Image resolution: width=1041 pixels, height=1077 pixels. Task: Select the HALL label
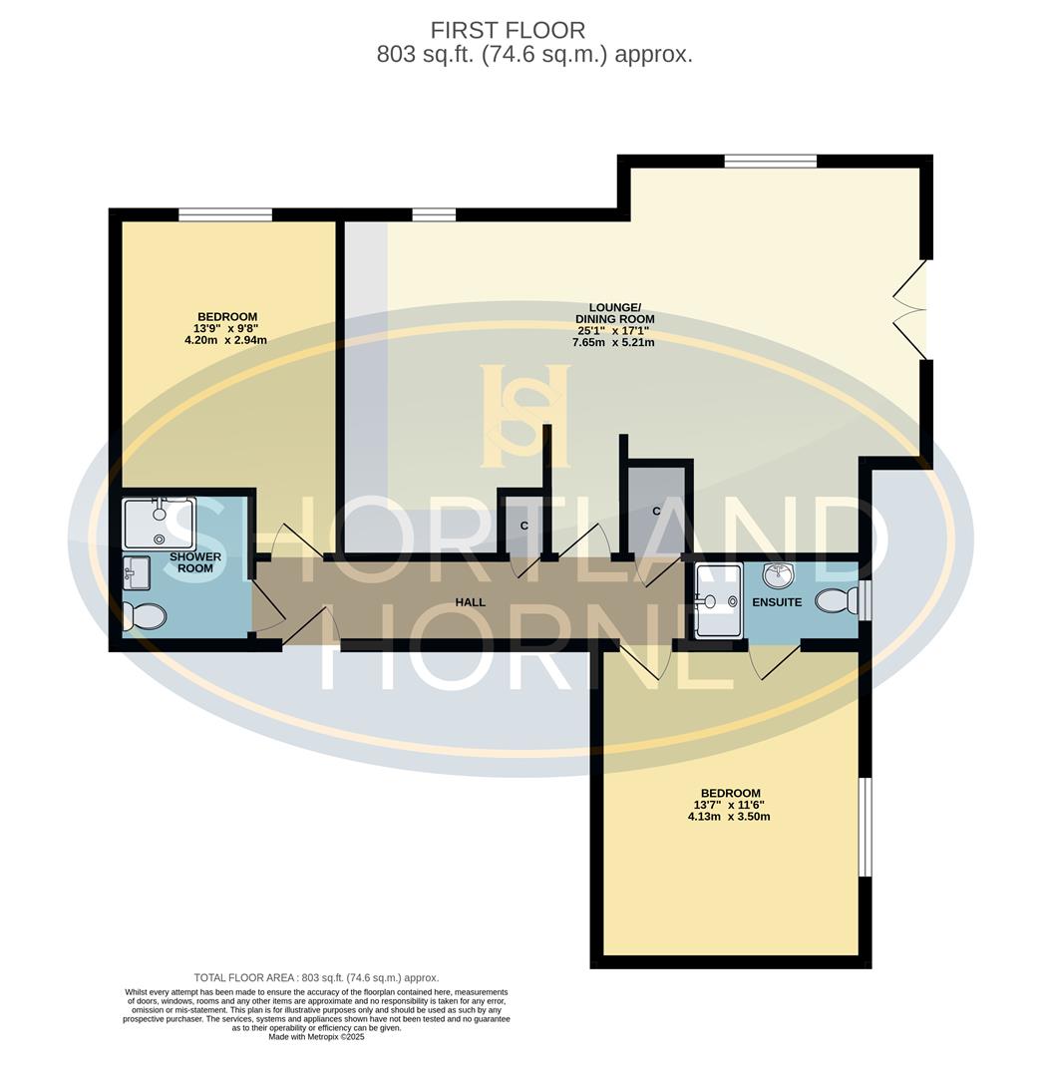click(470, 602)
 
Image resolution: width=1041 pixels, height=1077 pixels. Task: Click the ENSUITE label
click(777, 602)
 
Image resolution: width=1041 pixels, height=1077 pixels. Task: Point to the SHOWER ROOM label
click(195, 562)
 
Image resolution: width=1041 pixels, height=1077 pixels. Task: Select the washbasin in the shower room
click(136, 573)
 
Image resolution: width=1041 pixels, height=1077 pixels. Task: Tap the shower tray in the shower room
click(158, 523)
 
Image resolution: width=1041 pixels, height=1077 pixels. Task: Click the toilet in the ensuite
click(836, 600)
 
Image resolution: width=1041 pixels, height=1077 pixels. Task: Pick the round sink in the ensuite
click(778, 576)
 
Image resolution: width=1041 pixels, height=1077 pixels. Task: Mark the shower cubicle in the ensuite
click(719, 600)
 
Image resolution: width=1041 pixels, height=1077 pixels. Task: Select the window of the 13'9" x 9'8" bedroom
click(225, 214)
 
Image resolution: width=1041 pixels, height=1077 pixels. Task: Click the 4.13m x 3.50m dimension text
click(729, 816)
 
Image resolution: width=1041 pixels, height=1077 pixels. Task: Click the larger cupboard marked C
click(657, 509)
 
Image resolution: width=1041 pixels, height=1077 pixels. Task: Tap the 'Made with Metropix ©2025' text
click(316, 1037)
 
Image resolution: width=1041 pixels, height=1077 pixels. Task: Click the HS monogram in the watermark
click(525, 416)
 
